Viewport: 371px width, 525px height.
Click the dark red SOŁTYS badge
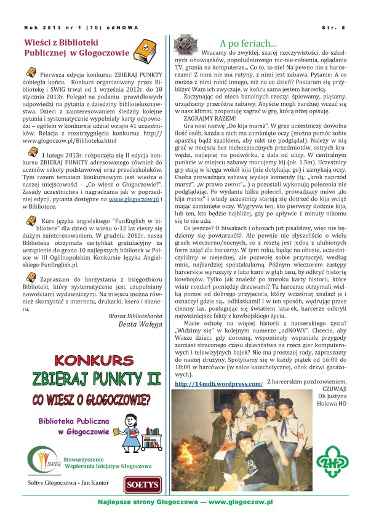(142, 484)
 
